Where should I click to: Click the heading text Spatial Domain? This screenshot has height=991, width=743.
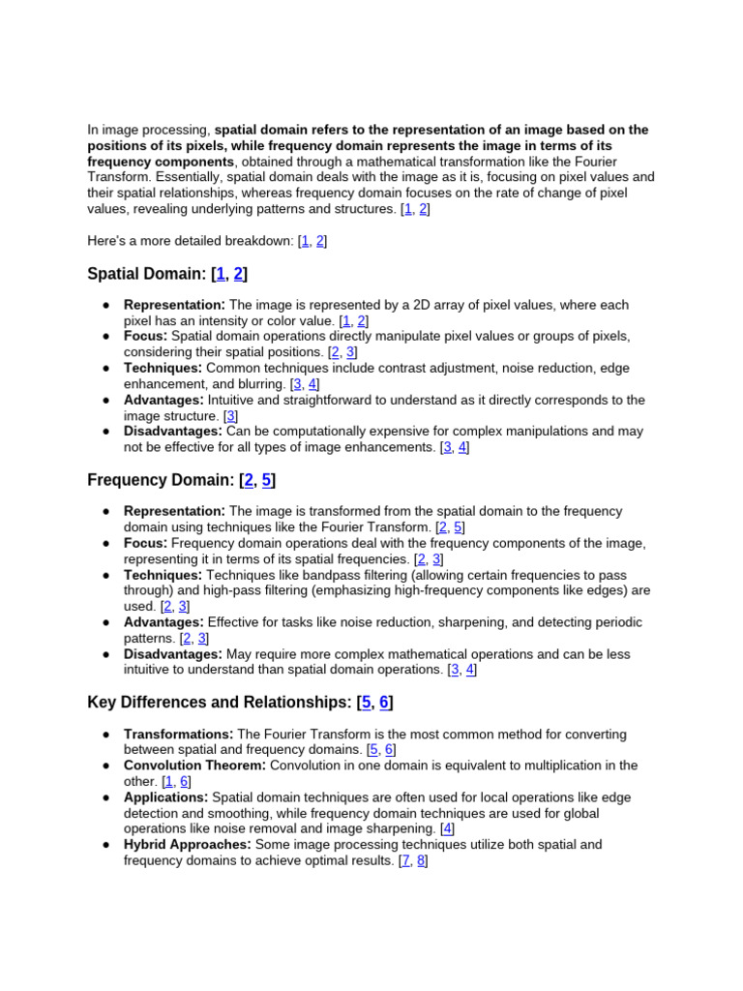click(146, 274)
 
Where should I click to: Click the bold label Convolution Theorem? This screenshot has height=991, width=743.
click(194, 766)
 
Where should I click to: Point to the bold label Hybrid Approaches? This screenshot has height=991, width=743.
click(188, 845)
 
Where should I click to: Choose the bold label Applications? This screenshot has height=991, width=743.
click(165, 797)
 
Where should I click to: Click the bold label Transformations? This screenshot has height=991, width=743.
click(178, 735)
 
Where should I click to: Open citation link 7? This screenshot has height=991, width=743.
click(403, 860)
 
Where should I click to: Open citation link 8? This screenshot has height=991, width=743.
click(421, 860)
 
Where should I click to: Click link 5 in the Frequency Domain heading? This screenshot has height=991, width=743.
click(267, 479)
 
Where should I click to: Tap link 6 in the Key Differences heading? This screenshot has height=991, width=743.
click(384, 703)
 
